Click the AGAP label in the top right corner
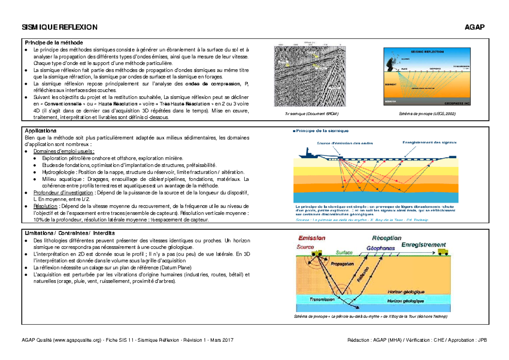(x=474, y=28)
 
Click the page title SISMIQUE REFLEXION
(x=59, y=28)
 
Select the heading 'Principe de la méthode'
(x=53, y=43)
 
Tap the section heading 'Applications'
(x=41, y=131)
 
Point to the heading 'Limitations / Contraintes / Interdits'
(x=70, y=233)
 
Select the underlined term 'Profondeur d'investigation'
(x=63, y=193)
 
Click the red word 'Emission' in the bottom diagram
(x=311, y=238)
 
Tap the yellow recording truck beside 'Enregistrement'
(x=443, y=253)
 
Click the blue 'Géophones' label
(x=381, y=248)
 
